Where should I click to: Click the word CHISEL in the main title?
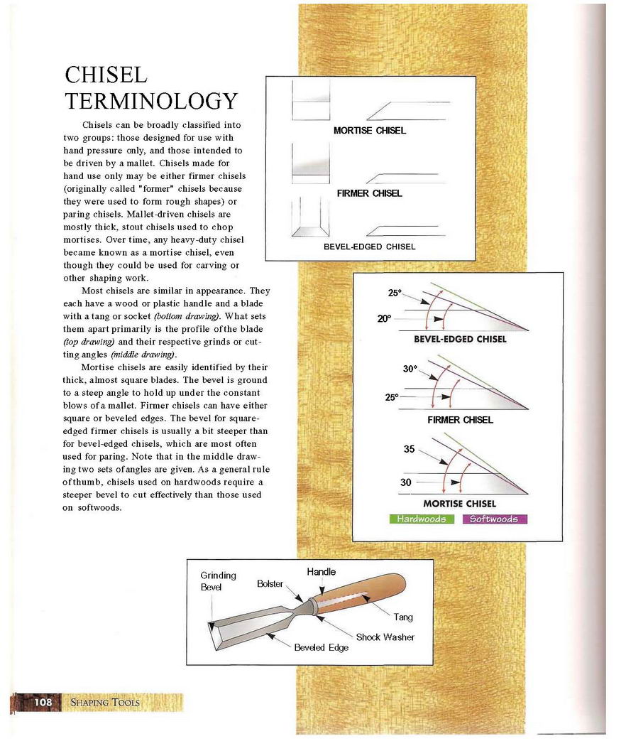pos(106,75)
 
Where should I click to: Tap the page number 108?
pos(43,702)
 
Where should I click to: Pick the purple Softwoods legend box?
pos(494,519)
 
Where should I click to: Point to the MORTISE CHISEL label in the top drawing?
pos(369,131)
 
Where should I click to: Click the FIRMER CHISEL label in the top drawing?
pos(369,193)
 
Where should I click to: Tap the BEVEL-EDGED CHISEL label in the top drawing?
pos(369,247)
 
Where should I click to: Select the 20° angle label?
pos(384,319)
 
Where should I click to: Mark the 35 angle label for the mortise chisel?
pos(410,449)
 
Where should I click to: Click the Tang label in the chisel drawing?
pos(403,617)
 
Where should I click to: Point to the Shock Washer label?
pos(385,637)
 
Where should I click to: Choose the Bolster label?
pos(270,584)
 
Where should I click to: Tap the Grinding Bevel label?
pos(218,581)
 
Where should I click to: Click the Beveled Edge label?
pos(321,647)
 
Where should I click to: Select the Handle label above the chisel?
pos(321,571)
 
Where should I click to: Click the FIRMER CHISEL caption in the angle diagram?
pos(460,420)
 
